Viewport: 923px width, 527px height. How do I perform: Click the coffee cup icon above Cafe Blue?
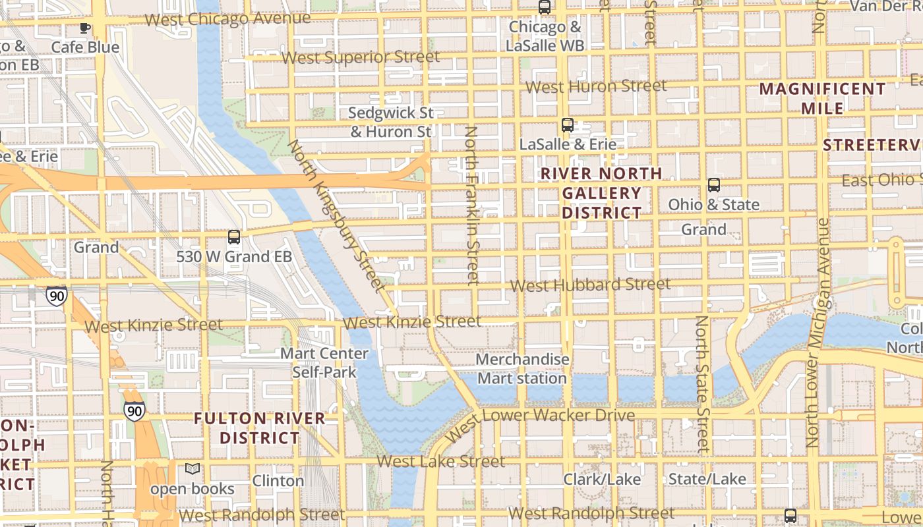click(84, 28)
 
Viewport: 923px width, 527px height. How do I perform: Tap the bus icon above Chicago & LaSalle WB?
click(545, 7)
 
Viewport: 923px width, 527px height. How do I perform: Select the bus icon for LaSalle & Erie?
click(567, 125)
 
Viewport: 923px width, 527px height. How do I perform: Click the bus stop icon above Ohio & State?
click(713, 185)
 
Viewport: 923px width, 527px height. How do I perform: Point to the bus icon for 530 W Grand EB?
click(233, 237)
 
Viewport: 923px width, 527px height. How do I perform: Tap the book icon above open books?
click(192, 469)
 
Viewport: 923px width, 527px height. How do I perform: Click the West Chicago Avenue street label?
click(227, 18)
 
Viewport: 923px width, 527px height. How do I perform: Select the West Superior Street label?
click(360, 57)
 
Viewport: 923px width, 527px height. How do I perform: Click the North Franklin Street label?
click(471, 206)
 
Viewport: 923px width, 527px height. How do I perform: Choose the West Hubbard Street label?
click(590, 285)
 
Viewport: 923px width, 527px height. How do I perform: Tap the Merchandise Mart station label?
click(522, 369)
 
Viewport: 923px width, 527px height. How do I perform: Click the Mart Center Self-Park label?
click(324, 363)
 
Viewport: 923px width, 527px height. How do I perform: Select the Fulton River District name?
click(260, 428)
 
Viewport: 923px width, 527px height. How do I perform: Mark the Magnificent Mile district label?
click(822, 98)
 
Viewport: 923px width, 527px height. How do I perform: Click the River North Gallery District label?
click(601, 193)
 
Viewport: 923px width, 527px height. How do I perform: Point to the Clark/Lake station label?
click(601, 479)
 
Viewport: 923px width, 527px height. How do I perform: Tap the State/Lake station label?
click(707, 479)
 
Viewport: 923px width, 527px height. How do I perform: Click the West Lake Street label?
click(440, 461)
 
